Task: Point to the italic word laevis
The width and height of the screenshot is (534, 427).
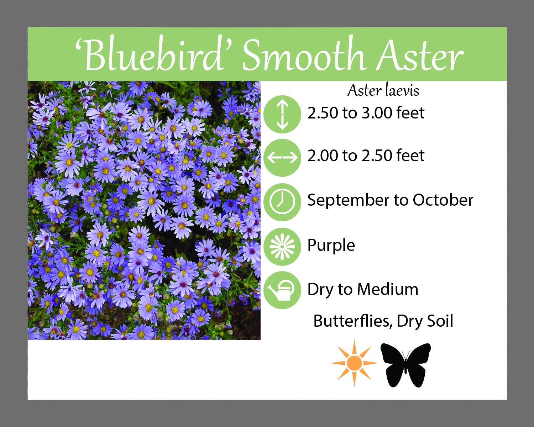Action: pos(402,90)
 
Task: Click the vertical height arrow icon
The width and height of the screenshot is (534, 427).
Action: pos(282,114)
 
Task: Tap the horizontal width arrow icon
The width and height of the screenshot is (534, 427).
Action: pos(282,158)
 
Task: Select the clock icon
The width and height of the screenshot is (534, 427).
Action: pos(282,202)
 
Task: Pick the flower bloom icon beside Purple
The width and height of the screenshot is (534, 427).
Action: pos(282,247)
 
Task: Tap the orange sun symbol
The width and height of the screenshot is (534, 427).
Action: pos(354,363)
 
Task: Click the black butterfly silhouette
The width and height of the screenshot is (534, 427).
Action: pos(405,365)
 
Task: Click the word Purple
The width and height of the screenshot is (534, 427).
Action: pos(331,246)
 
